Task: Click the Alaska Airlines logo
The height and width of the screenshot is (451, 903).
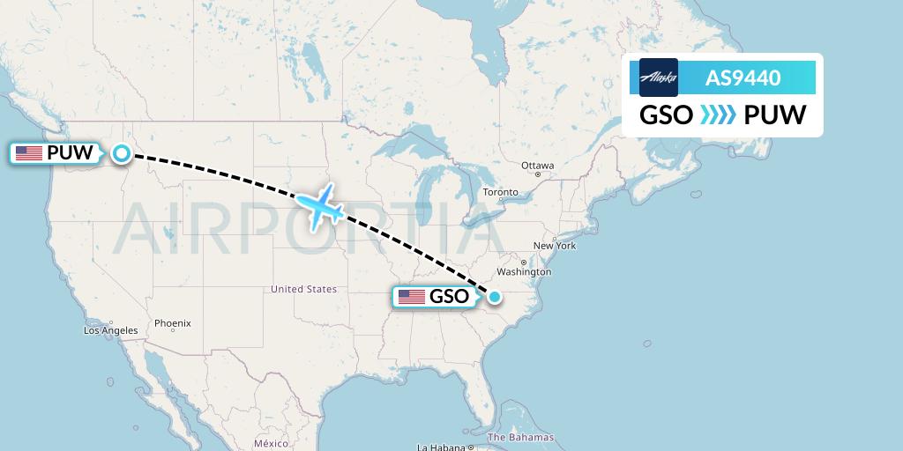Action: pos(658,78)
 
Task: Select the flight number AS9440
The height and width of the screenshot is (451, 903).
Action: pos(743,78)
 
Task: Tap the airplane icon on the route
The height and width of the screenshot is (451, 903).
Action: pos(318,207)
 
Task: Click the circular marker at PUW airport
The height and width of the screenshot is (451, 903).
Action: pos(121,153)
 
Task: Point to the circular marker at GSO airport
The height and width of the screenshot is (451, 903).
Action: pos(495,297)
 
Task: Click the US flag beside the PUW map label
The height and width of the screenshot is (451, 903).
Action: pos(29,153)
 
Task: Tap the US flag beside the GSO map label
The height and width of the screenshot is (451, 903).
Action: pos(411,297)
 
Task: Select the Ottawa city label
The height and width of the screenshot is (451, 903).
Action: pos(537,166)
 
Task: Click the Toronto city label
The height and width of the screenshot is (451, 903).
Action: pos(500,192)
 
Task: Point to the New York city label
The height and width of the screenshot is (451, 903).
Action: pos(555,246)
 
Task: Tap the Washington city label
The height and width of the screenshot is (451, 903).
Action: pos(523,273)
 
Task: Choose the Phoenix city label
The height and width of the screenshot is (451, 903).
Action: pos(172,323)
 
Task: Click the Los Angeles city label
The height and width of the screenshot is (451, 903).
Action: pos(111,330)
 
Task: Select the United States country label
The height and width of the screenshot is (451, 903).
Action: pos(303,289)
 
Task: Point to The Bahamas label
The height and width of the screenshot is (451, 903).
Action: pos(520,437)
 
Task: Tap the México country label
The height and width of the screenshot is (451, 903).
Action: pos(271,442)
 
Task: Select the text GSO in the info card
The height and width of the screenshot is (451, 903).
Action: pos(666,115)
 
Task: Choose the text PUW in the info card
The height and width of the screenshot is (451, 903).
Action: pos(774,115)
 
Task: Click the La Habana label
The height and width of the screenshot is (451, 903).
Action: pos(441,447)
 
